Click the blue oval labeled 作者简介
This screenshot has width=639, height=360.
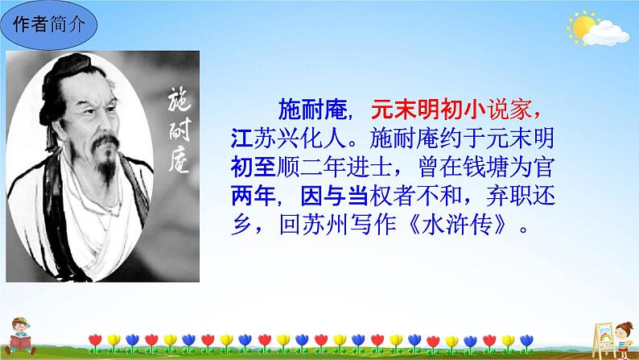pyautogui.click(x=49, y=24)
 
